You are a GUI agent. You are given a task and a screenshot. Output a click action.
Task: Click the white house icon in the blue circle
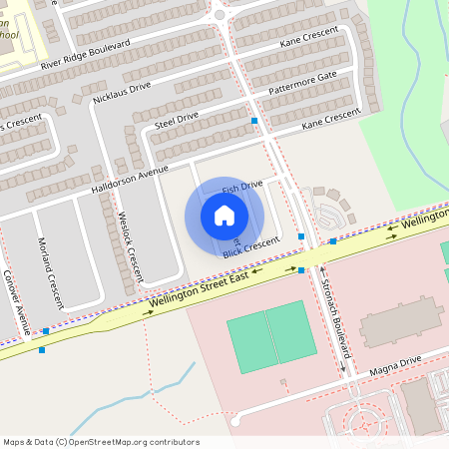(224, 215)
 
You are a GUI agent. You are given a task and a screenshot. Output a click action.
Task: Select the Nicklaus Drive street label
(121, 93)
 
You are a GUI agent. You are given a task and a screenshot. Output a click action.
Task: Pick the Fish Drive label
(241, 187)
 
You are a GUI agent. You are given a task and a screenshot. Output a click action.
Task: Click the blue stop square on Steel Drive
(255, 120)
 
